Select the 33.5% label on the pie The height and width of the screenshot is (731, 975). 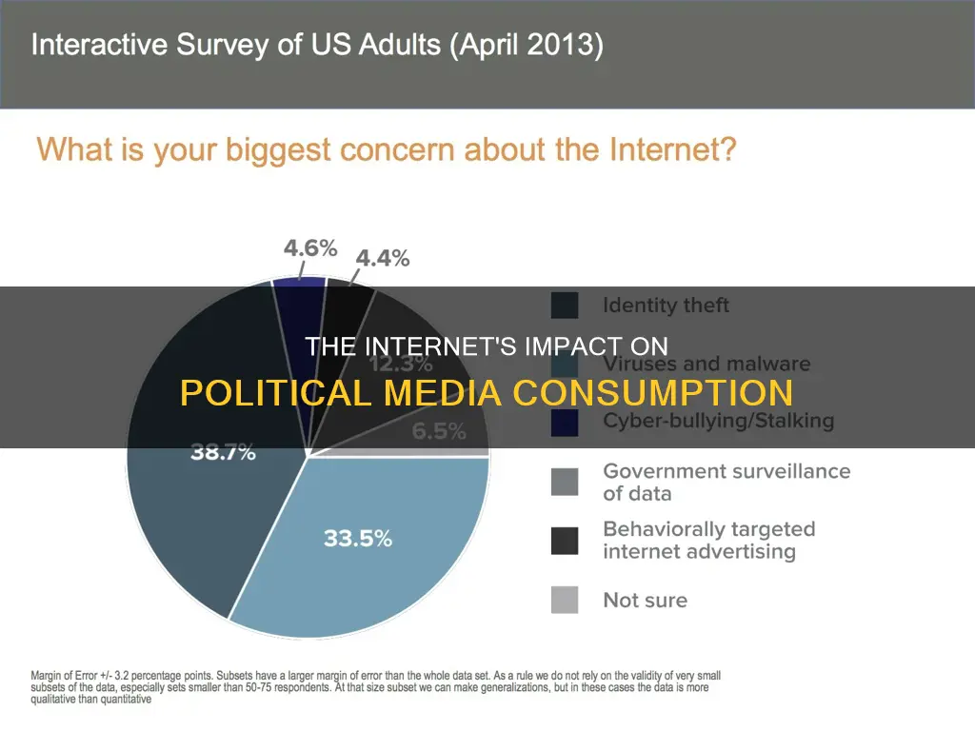357,538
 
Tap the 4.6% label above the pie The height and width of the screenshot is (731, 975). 310,248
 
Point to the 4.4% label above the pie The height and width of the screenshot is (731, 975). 383,258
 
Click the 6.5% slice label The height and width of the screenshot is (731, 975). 439,431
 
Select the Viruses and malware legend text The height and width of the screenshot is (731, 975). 706,364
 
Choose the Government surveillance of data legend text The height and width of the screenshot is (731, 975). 726,482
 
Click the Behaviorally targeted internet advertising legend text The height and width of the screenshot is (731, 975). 709,540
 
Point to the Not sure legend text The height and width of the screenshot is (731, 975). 645,600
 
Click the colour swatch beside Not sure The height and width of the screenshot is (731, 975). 565,600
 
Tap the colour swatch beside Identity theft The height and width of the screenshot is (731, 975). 565,306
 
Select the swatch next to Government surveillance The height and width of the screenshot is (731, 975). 565,482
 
